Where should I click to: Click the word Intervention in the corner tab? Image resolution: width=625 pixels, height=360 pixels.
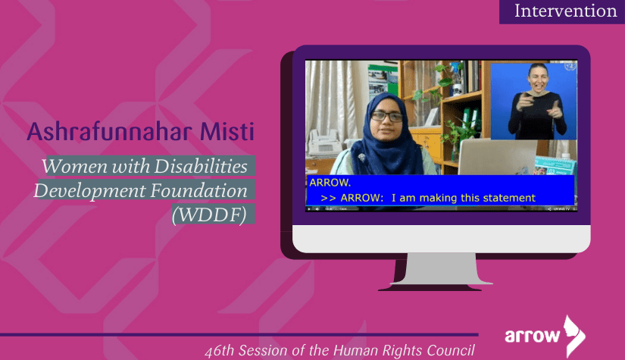tap(566, 11)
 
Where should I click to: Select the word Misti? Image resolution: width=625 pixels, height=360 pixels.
tap(227, 131)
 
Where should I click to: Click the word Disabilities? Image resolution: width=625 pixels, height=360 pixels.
tap(201, 166)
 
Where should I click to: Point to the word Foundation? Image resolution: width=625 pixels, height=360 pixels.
tap(199, 190)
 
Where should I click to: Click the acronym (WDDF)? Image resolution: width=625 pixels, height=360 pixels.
tap(209, 215)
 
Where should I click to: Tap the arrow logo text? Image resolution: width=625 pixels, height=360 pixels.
tap(532, 335)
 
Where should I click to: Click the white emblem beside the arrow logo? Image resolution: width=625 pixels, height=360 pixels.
tap(574, 337)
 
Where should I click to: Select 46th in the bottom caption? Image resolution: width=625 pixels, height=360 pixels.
tap(220, 350)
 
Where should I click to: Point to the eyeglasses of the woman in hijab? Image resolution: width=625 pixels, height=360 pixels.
tap(387, 117)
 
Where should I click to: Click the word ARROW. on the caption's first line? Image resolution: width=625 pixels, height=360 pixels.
tap(330, 183)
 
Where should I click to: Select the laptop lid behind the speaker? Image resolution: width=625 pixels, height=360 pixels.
tap(497, 157)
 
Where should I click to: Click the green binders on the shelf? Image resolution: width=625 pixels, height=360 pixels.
tap(470, 118)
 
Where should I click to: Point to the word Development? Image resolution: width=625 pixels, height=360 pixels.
tap(90, 190)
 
